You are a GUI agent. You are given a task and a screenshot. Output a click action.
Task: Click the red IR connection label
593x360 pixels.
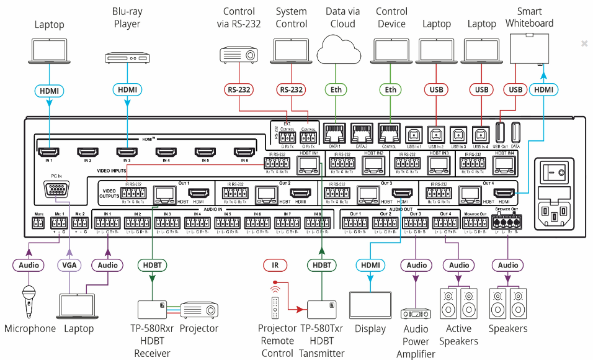point(275,265)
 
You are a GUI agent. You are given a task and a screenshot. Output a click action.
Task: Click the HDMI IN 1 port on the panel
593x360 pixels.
point(48,151)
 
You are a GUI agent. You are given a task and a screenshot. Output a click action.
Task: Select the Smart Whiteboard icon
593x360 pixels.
point(529,48)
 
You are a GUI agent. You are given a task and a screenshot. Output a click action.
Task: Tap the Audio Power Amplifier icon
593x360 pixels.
point(416,315)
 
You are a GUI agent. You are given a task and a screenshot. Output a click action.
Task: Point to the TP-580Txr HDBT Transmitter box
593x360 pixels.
point(321,308)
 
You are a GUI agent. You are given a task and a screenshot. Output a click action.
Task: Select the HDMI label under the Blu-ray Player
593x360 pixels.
point(128,90)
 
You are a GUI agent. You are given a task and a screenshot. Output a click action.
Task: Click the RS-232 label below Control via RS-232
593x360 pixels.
point(239,90)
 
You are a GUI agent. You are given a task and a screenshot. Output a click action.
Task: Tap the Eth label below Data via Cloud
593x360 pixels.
point(336,90)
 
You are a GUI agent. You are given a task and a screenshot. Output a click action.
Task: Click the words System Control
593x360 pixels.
point(292,18)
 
